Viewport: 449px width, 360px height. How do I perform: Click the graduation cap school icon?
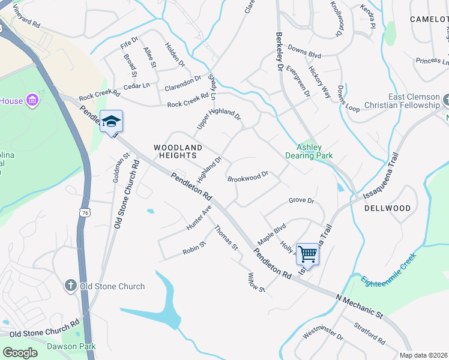click(111, 121)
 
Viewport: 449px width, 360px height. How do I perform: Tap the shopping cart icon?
click(307, 254)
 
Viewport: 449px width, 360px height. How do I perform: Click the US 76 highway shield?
click(83, 212)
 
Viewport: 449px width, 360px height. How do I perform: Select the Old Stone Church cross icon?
click(70, 286)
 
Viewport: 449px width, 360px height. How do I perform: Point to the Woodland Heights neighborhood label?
click(178, 151)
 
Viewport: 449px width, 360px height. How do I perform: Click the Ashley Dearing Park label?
click(315, 151)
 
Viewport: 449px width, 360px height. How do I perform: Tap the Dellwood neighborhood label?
click(387, 208)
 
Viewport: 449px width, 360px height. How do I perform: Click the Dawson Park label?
click(79, 346)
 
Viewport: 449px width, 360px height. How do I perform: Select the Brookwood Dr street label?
click(247, 178)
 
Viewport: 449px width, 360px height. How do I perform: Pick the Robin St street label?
click(194, 248)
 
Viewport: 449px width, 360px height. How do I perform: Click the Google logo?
click(20, 353)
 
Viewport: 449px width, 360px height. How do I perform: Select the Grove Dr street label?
click(301, 200)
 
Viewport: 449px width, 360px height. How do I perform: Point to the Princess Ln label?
click(432, 61)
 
